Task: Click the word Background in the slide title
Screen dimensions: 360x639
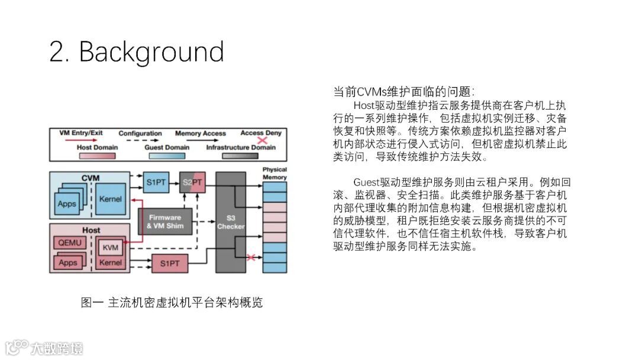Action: (x=151, y=52)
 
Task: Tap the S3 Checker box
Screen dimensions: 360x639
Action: (x=231, y=222)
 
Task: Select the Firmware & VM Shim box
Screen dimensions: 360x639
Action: (x=165, y=221)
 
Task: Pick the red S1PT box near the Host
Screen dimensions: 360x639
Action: (x=169, y=263)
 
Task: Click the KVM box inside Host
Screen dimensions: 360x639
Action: (x=110, y=247)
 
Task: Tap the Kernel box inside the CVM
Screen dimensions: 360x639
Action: (x=111, y=199)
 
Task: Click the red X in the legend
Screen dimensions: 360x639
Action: (x=261, y=142)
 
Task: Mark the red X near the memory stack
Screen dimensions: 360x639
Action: (x=251, y=258)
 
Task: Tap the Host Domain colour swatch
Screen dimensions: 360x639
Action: (x=98, y=156)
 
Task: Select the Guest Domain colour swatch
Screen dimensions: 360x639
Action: (x=166, y=156)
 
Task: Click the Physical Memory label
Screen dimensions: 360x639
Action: (x=275, y=173)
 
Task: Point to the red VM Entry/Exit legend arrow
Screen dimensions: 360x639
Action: (x=80, y=141)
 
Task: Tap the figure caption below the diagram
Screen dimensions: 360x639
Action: (x=172, y=303)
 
